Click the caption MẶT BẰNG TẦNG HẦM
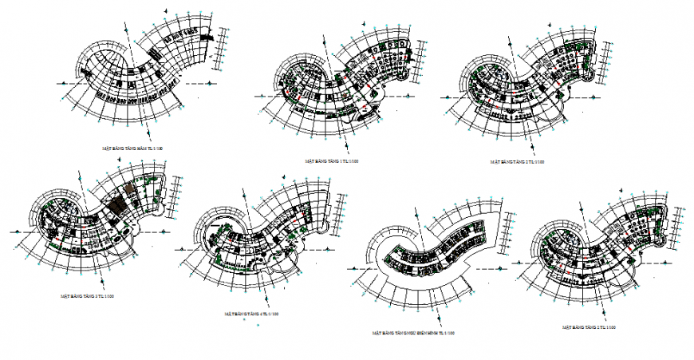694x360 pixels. click(x=132, y=148)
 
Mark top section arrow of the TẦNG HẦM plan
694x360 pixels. click(x=165, y=10)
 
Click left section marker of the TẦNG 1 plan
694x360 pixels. click(x=260, y=95)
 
